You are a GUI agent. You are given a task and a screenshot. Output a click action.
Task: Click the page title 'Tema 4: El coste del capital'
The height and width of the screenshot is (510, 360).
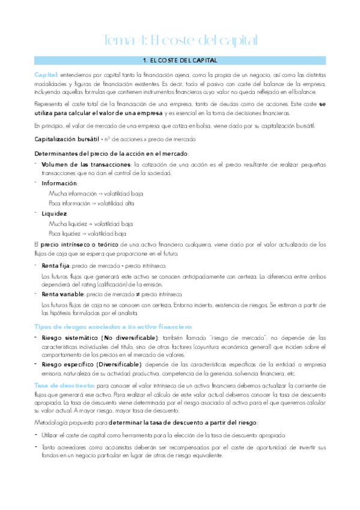pyautogui.click(x=181, y=40)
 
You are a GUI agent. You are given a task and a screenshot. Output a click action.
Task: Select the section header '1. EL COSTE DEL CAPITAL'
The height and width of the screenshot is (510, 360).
pyautogui.click(x=181, y=61)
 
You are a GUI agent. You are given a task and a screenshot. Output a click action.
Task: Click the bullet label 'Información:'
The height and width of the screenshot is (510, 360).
pyautogui.click(x=58, y=183)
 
